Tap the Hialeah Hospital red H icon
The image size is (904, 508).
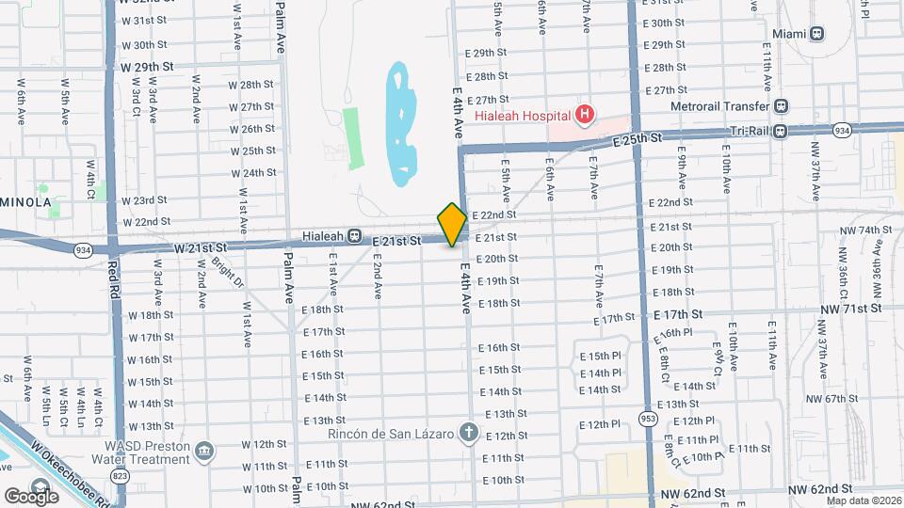[586, 115]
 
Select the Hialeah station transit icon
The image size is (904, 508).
[355, 235]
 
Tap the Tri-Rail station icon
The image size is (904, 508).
[780, 131]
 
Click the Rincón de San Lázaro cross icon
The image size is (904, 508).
[469, 434]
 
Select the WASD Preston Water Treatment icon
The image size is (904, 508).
[203, 453]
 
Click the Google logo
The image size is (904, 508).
[31, 496]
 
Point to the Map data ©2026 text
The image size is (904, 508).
[863, 500]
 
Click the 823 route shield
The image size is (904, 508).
[120, 477]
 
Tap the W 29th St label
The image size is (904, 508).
[148, 67]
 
